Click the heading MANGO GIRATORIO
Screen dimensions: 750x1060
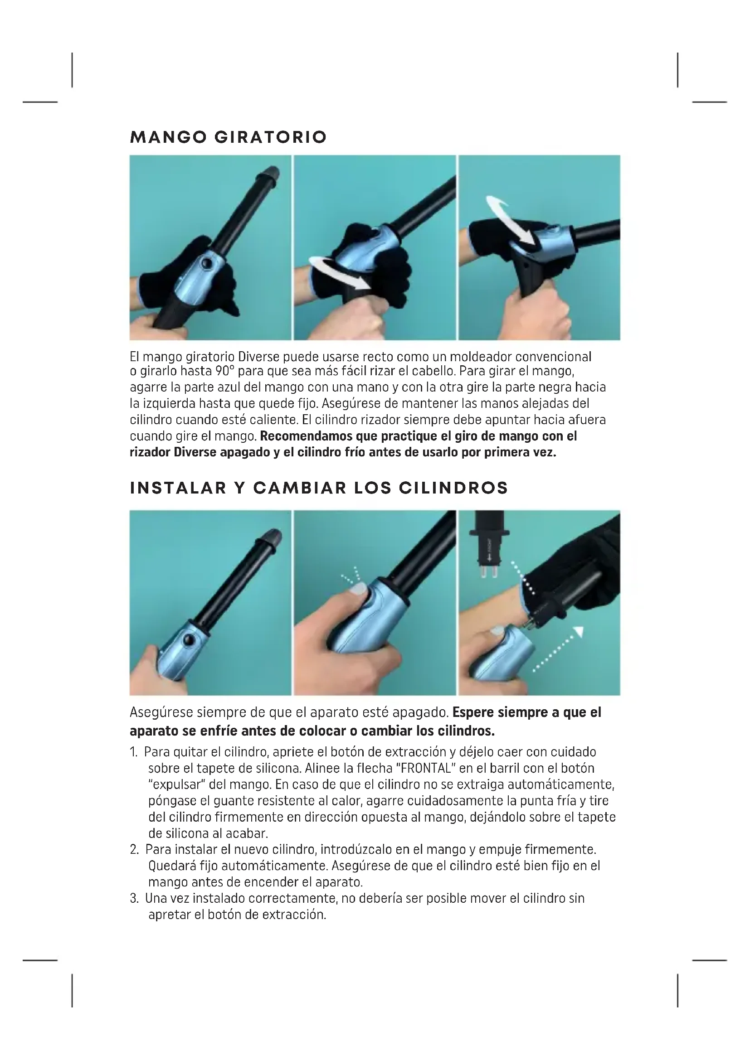pos(229,137)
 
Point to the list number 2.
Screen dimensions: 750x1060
pos(134,849)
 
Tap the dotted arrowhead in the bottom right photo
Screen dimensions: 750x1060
pos(578,632)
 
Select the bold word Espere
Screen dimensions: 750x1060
pos(472,713)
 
